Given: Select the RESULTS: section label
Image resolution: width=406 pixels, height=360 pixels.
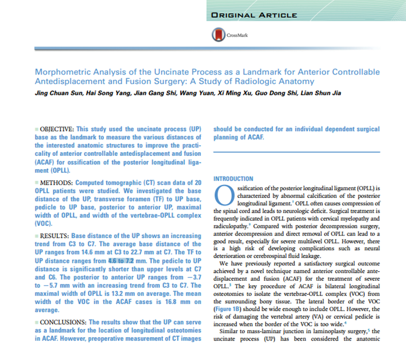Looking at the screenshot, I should (x=53, y=236).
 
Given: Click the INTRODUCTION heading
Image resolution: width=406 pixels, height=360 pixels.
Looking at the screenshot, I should (x=233, y=179).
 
